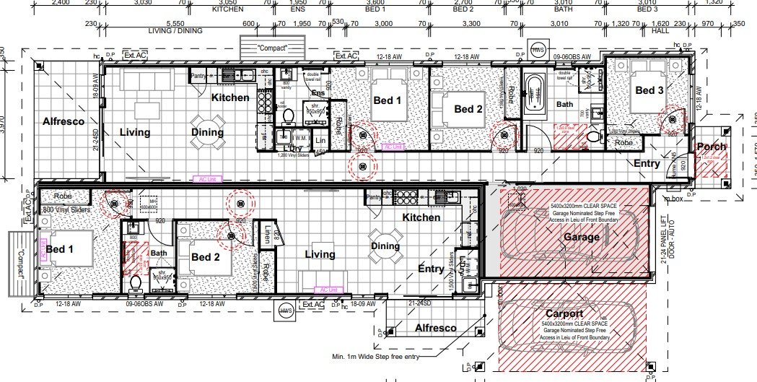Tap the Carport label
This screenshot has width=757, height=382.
coord(564,313)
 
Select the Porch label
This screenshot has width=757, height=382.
coord(711,147)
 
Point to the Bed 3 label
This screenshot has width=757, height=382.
coord(649,90)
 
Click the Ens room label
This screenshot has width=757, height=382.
coord(318,93)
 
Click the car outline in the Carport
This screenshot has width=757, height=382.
coord(566,329)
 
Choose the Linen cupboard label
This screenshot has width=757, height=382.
coord(267,235)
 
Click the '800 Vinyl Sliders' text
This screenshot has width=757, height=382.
coord(66,210)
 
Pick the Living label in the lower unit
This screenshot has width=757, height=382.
coord(319,254)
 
